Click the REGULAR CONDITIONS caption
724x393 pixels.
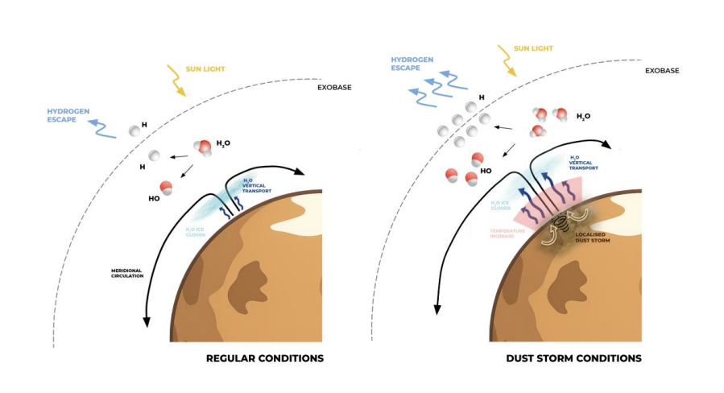click(265, 358)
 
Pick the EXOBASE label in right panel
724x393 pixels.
click(662, 71)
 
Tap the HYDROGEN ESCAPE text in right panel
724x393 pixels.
click(412, 64)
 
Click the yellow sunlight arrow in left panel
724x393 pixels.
click(176, 80)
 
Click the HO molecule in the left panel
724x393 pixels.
click(167, 188)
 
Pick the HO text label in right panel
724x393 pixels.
click(486, 171)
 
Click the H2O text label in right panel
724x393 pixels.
click(583, 117)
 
